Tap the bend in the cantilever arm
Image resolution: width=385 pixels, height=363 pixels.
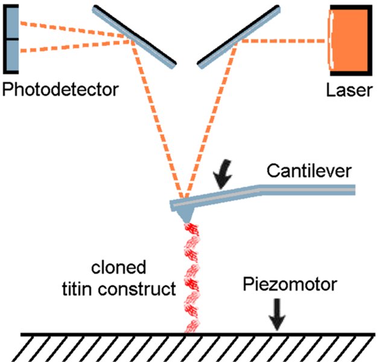(x=261, y=189)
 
